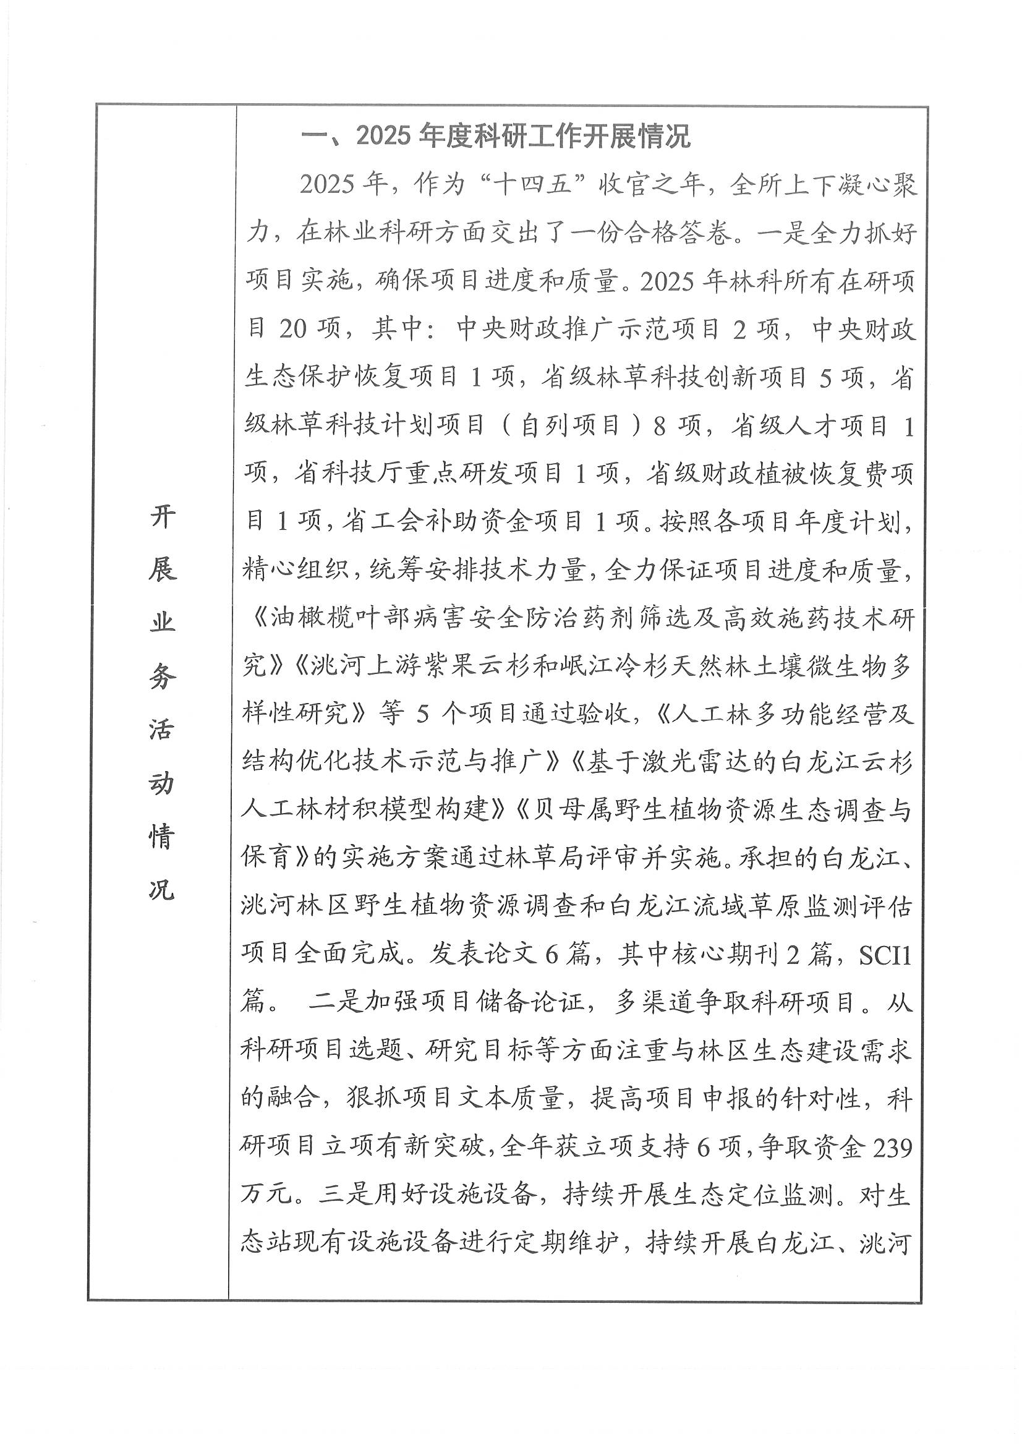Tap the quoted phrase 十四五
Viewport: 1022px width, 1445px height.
533,185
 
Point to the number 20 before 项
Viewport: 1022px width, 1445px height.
292,329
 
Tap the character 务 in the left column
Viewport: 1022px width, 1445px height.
162,676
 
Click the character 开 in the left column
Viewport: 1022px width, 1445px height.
162,518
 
